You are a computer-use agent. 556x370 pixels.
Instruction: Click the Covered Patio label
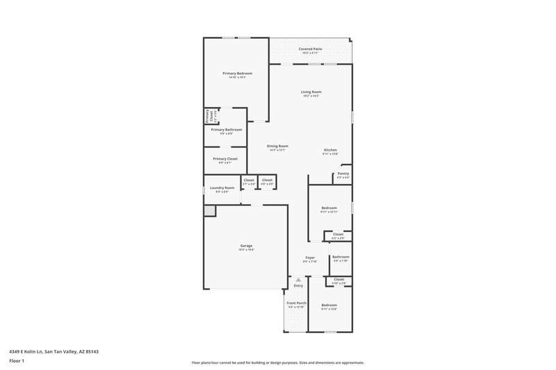click(x=310, y=49)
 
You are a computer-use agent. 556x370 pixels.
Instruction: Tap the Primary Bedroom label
click(x=237, y=74)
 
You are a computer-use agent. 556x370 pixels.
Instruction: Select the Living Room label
click(x=311, y=92)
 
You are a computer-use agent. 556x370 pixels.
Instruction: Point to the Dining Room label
click(x=277, y=146)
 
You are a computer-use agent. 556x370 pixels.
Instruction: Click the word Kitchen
click(x=330, y=151)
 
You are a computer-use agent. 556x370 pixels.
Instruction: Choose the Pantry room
click(x=343, y=174)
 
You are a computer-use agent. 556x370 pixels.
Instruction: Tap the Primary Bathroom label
click(x=227, y=130)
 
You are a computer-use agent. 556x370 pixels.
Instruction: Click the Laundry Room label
click(x=222, y=188)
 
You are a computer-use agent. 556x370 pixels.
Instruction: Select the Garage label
click(x=246, y=246)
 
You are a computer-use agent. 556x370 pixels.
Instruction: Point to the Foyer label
click(x=310, y=258)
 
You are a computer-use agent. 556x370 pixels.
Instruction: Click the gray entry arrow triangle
click(x=298, y=280)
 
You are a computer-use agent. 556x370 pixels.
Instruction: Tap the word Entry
click(x=298, y=286)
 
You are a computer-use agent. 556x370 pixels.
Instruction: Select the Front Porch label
click(x=296, y=303)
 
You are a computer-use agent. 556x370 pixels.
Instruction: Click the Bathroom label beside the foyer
click(x=340, y=258)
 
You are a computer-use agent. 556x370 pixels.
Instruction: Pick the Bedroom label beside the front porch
click(x=329, y=305)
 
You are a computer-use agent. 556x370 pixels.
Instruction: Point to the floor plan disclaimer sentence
click(x=277, y=362)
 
